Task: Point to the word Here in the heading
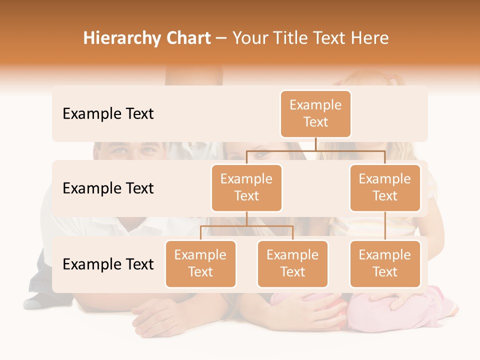(x=370, y=38)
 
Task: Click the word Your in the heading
(x=251, y=38)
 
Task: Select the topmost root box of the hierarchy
(x=315, y=113)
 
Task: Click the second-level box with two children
(x=246, y=187)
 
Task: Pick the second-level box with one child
(x=385, y=187)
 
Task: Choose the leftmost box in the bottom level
(x=200, y=263)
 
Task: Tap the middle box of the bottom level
(x=292, y=263)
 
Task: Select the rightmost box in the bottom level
(x=385, y=263)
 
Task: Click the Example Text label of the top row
(x=108, y=114)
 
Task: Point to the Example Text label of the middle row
(x=108, y=188)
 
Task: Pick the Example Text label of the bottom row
(x=108, y=264)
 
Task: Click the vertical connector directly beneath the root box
(x=315, y=144)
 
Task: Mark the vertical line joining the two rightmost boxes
(x=385, y=226)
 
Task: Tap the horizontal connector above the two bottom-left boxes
(x=246, y=226)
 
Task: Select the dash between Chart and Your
(x=221, y=39)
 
